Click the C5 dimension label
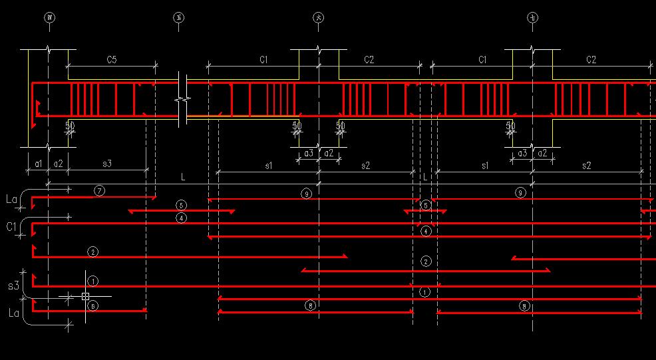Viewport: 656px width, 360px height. pyautogui.click(x=112, y=60)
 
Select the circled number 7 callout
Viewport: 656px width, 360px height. pyautogui.click(x=99, y=191)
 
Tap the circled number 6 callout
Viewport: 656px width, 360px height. pyautogui.click(x=92, y=305)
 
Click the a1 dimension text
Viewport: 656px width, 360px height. pyautogui.click(x=39, y=163)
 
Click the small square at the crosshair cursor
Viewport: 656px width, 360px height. pyautogui.click(x=85, y=296)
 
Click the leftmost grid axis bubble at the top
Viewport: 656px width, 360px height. pyautogui.click(x=49, y=18)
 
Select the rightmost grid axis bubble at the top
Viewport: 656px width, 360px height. pyautogui.click(x=532, y=18)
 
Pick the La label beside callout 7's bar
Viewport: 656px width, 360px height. pyautogui.click(x=11, y=199)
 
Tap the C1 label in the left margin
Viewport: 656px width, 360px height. pyautogui.click(x=11, y=227)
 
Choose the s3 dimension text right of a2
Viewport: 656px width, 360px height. pyautogui.click(x=106, y=163)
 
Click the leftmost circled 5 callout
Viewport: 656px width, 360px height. pyautogui.click(x=182, y=205)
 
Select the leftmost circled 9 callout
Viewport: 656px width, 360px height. pyautogui.click(x=306, y=194)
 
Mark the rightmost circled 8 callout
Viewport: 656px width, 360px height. pyautogui.click(x=525, y=305)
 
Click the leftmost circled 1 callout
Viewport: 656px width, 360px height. pyautogui.click(x=93, y=281)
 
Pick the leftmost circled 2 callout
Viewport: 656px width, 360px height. pyautogui.click(x=92, y=252)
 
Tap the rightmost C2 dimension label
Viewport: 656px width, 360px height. pyautogui.click(x=591, y=60)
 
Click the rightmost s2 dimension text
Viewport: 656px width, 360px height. pyautogui.click(x=586, y=165)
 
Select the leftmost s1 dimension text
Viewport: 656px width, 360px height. pyautogui.click(x=268, y=165)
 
